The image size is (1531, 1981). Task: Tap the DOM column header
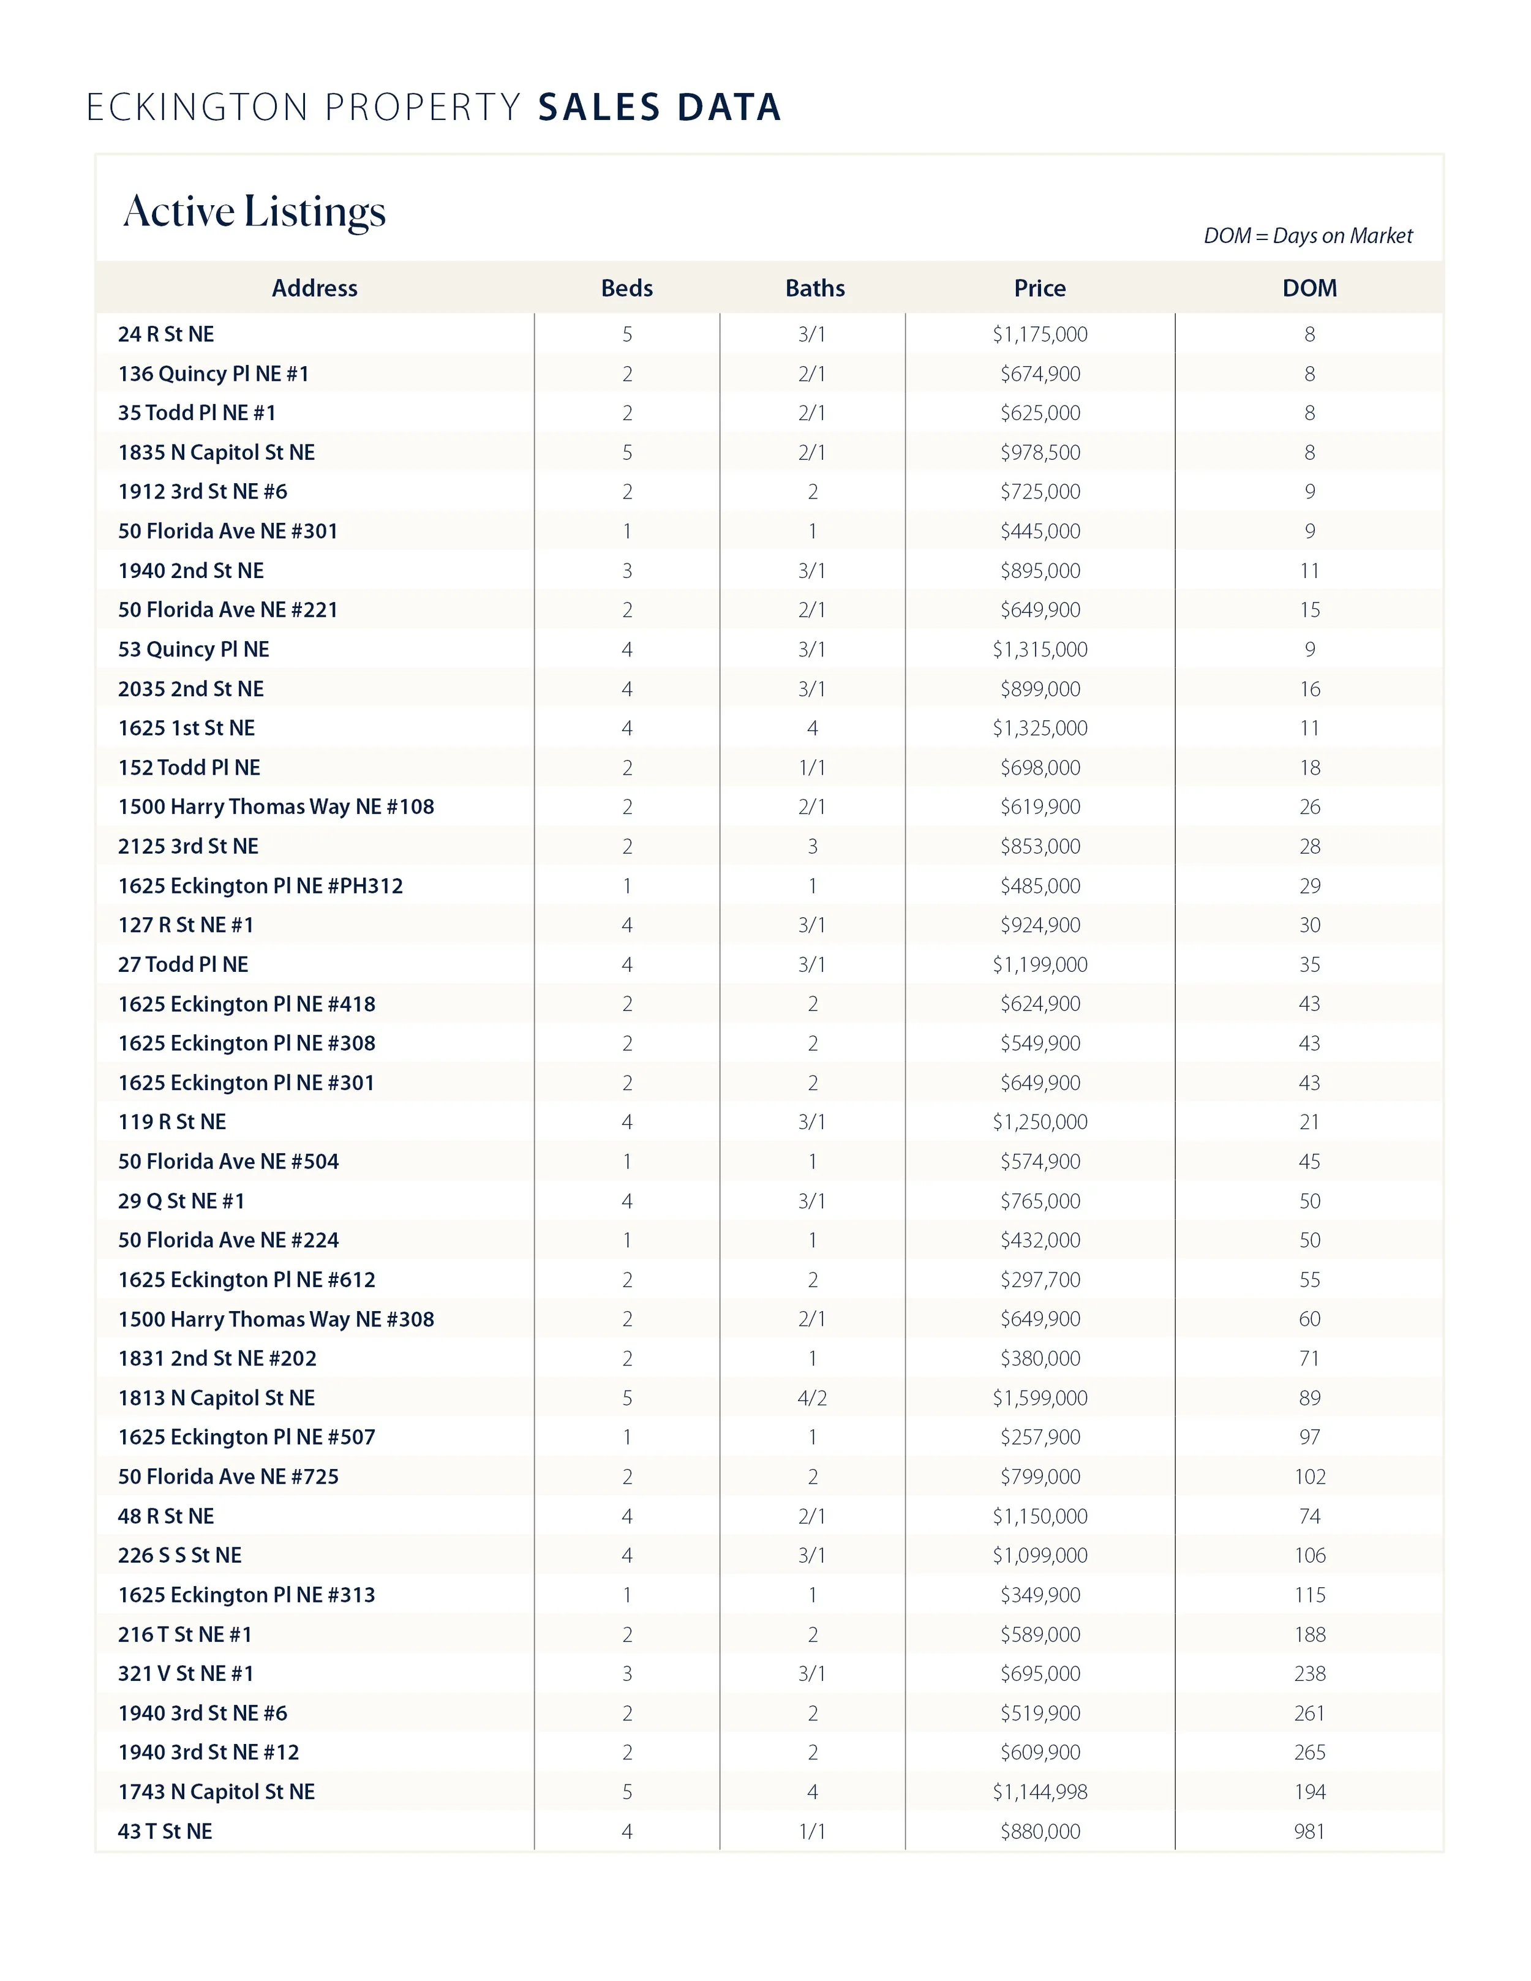[1309, 288]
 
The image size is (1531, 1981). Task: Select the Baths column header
[814, 288]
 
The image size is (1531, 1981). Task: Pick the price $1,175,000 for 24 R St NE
[1039, 335]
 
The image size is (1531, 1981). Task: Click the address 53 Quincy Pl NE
[193, 650]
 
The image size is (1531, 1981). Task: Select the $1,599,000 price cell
[1039, 1398]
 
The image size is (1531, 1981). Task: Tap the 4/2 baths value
[812, 1398]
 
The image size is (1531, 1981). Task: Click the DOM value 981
[1309, 1832]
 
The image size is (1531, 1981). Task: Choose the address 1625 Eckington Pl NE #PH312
[260, 886]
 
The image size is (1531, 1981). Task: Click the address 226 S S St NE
[179, 1555]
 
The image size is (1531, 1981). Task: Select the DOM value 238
[1309, 1674]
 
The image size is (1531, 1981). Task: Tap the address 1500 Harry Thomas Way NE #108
[276, 807]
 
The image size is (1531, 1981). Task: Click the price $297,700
[1039, 1280]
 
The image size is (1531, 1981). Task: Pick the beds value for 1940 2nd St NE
[626, 571]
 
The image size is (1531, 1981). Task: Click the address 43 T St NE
[165, 1832]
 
